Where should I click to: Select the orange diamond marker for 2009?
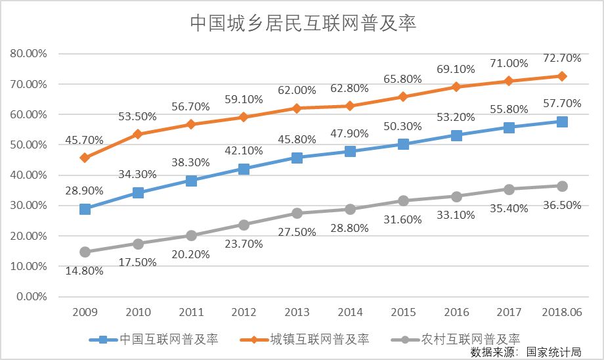point(85,158)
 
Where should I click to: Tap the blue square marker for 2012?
point(244,169)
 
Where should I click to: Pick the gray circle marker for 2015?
point(403,200)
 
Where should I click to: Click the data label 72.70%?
point(562,58)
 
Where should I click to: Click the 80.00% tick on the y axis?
point(28,53)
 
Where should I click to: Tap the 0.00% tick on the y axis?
point(31,296)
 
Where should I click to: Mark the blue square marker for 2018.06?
point(562,122)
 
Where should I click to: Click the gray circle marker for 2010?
point(138,244)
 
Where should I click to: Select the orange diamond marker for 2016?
point(456,87)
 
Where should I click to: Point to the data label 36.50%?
point(562,205)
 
